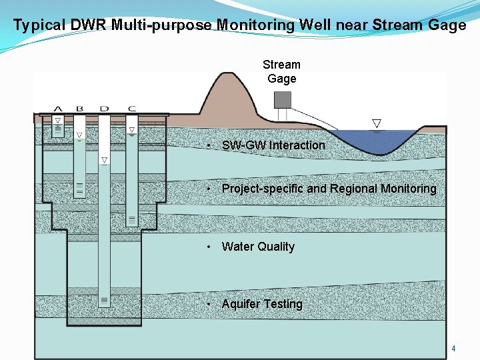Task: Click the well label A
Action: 58,109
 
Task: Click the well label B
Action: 80,109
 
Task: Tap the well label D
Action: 104,109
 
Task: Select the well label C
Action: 131,109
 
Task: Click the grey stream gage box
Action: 283,99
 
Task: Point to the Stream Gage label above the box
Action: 281,71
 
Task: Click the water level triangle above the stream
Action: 377,123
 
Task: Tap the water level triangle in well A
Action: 58,121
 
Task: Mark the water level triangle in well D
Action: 105,160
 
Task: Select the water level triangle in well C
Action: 131,130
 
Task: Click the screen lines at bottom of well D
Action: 105,301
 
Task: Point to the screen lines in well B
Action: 80,188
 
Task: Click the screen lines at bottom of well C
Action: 131,219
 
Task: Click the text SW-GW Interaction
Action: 273,145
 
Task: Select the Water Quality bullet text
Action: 258,247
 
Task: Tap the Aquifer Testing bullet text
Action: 262,304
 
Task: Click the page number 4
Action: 453,349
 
